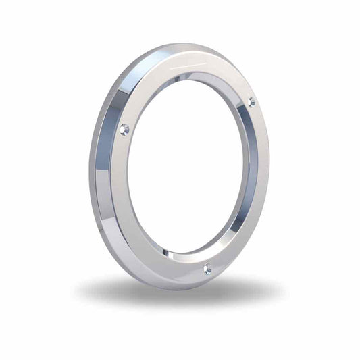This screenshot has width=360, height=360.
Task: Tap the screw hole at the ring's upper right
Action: [x=251, y=102]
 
